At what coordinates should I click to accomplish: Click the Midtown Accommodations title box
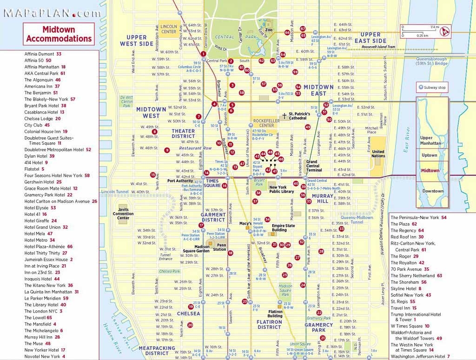[59, 34]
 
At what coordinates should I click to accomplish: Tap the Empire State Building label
[283, 227]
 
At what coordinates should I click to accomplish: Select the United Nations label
[378, 153]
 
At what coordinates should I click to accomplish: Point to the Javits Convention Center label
[123, 213]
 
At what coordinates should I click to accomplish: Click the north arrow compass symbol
[445, 32]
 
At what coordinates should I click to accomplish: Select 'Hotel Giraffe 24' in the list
[40, 220]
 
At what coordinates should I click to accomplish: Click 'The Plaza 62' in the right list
[403, 224]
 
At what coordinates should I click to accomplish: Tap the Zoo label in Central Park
[268, 30]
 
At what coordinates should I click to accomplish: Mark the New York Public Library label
[281, 189]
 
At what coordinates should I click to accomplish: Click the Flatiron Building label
[275, 313]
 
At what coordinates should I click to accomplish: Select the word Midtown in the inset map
[430, 171]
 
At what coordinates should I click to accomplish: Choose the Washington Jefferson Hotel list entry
[420, 356]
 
